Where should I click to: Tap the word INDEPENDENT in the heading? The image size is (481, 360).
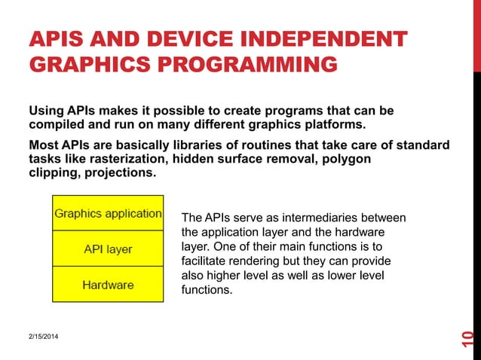coord(326,40)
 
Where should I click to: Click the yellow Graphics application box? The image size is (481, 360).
coord(108,213)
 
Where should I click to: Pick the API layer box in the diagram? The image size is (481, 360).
coord(108,249)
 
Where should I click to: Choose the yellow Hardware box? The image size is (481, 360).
coord(108,285)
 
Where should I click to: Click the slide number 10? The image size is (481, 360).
coord(467,340)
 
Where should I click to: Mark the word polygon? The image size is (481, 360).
coord(347,158)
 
